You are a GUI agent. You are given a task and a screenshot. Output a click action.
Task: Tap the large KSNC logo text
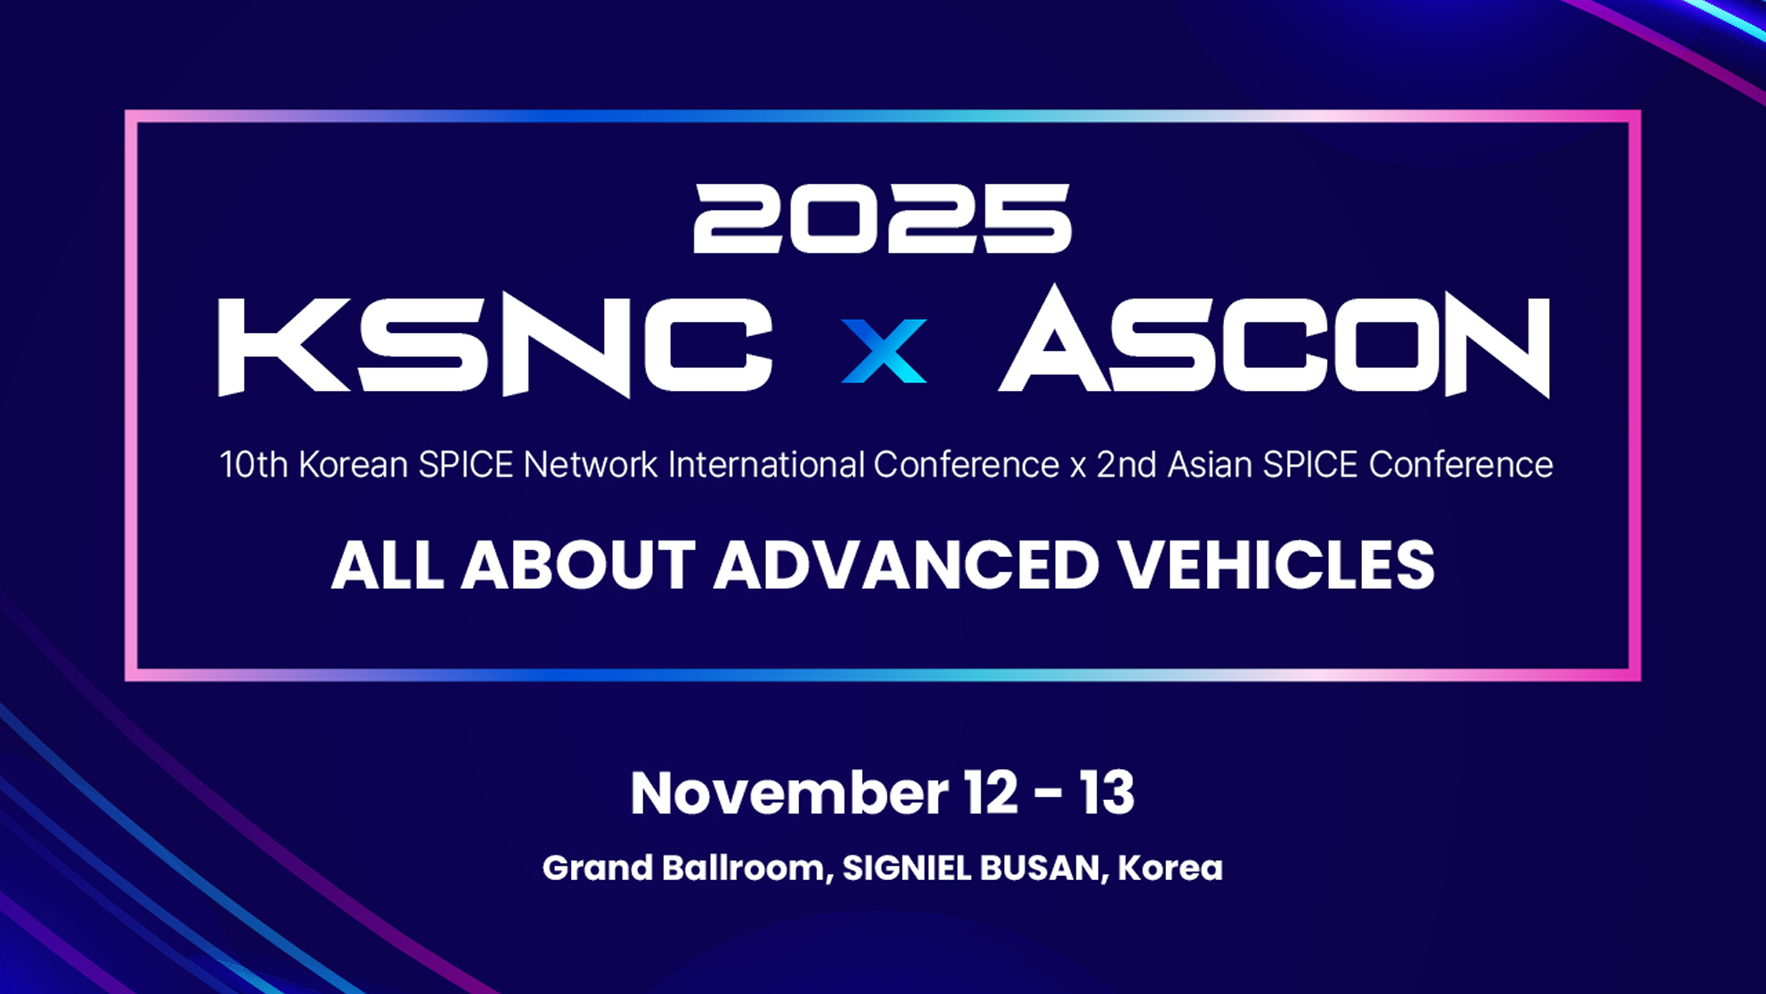495,347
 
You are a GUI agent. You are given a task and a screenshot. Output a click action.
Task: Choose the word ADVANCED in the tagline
906,565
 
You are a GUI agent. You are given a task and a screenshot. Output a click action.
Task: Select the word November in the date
790,793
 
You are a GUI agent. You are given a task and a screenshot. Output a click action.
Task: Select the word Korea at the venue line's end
1170,868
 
